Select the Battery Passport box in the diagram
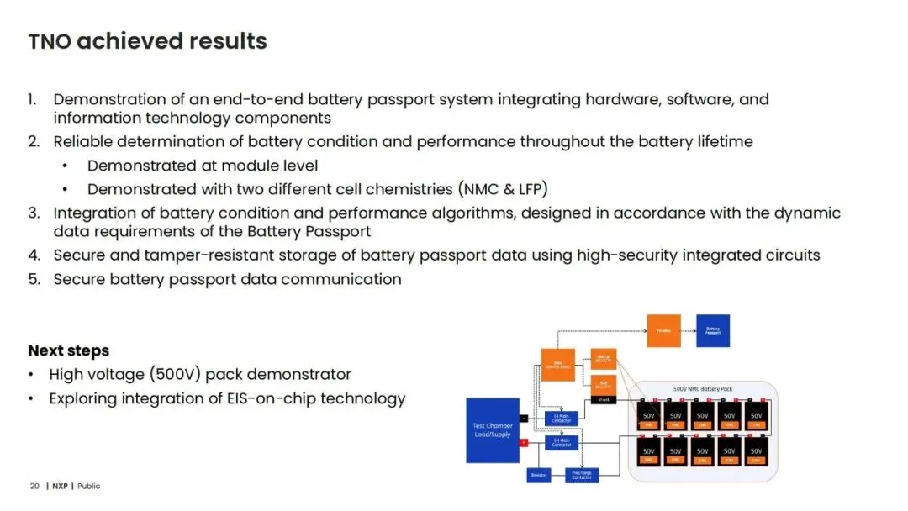click(712, 330)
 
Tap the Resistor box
click(539, 476)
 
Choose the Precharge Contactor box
click(581, 476)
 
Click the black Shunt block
click(603, 400)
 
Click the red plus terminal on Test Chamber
click(524, 442)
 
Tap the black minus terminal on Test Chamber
click(524, 417)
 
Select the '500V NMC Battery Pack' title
click(703, 390)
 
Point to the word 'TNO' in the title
click(49, 41)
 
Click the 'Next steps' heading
click(68, 350)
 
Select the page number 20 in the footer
click(34, 486)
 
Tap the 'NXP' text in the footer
click(59, 486)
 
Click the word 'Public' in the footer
click(88, 486)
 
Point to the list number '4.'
click(34, 255)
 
